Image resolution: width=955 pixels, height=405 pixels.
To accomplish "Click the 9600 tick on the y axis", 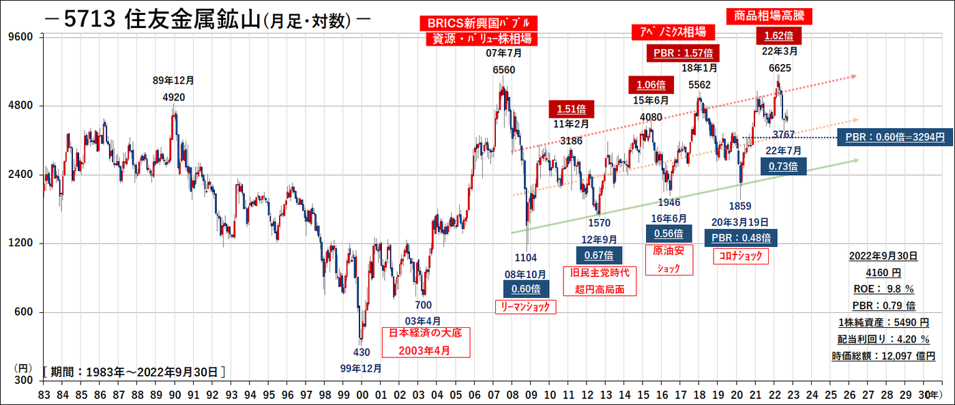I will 25,36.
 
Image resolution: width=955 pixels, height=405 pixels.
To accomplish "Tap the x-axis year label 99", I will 344,395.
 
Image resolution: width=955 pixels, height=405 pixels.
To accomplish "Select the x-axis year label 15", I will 644,395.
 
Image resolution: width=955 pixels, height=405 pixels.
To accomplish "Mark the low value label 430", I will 361,352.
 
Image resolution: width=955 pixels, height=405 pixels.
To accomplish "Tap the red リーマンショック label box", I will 525,307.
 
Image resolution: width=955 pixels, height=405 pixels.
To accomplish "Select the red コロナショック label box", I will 739,256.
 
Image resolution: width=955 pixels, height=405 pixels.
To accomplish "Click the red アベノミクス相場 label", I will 673,32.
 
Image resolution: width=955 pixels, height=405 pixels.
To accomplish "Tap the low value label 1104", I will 525,257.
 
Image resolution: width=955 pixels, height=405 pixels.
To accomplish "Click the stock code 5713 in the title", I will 90,20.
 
